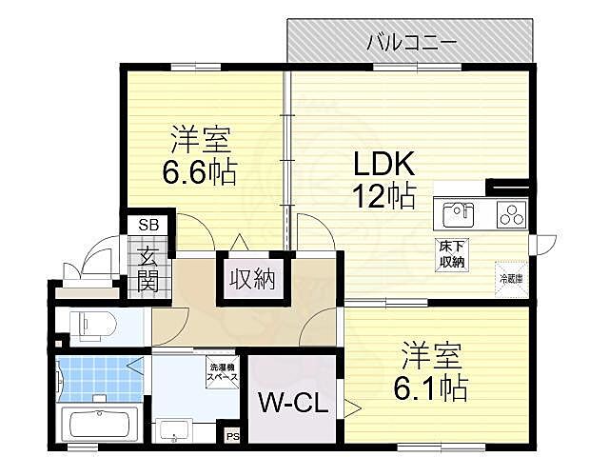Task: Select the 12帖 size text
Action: click(x=383, y=197)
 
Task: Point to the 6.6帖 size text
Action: click(x=198, y=173)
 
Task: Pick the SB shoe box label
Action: click(x=150, y=225)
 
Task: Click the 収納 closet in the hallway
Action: click(x=251, y=279)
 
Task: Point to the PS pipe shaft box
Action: click(x=233, y=437)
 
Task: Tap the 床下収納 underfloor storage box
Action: click(x=452, y=255)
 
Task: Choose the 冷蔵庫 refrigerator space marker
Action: click(x=512, y=278)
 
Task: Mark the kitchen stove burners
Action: click(x=512, y=214)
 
